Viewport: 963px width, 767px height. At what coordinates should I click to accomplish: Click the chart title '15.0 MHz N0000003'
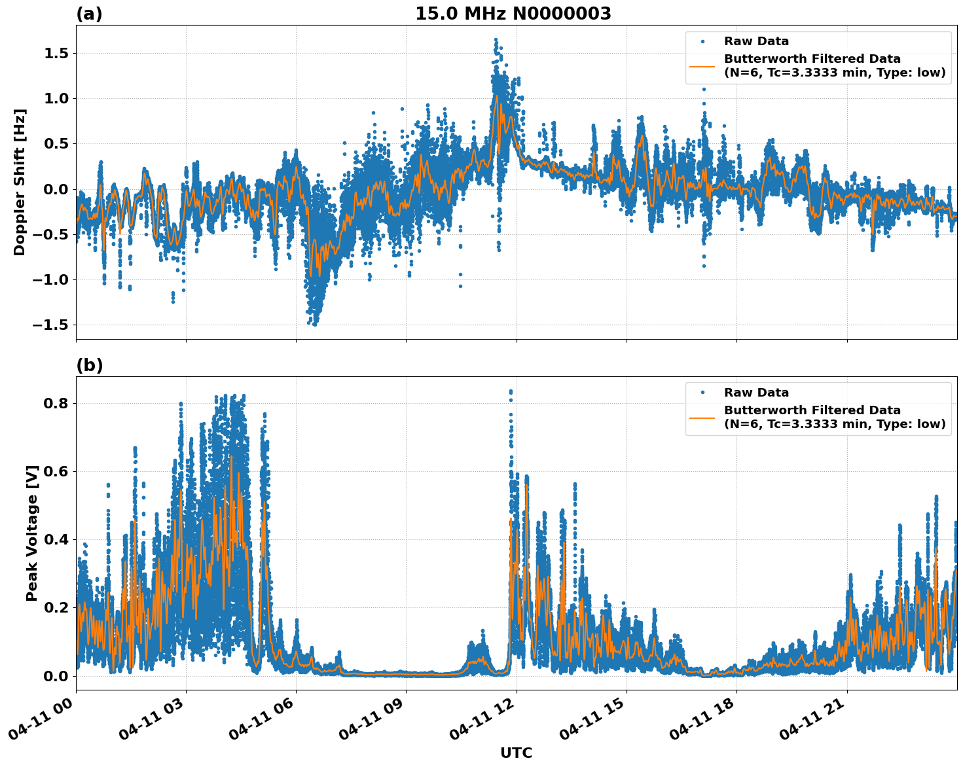coord(513,14)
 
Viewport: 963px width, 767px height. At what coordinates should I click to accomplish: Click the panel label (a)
coord(89,14)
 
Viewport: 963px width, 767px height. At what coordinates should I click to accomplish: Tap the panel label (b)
coord(89,365)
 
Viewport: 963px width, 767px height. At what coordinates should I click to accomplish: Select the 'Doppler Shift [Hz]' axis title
coord(20,182)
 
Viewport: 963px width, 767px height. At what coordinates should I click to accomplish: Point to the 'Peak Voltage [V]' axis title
coord(32,533)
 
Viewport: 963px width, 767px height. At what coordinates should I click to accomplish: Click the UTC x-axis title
coord(516,753)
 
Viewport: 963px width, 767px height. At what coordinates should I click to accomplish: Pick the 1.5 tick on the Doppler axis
coord(56,53)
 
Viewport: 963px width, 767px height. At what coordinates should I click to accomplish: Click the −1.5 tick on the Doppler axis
coord(52,325)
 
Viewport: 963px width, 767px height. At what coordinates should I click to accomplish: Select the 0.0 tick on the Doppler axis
coord(56,189)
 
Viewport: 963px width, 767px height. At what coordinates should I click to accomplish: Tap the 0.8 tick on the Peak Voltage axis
coord(56,403)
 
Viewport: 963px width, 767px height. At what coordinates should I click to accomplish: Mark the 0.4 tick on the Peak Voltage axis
coord(56,540)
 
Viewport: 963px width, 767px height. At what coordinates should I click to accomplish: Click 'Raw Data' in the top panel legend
coord(756,42)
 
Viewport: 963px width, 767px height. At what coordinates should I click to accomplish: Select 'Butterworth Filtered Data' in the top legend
coord(812,60)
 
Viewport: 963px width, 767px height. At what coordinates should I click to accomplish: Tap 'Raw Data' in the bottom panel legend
coord(756,393)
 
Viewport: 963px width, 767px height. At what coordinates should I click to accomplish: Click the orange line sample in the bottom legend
coord(702,417)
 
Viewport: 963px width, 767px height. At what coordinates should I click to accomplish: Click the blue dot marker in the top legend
coord(702,41)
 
